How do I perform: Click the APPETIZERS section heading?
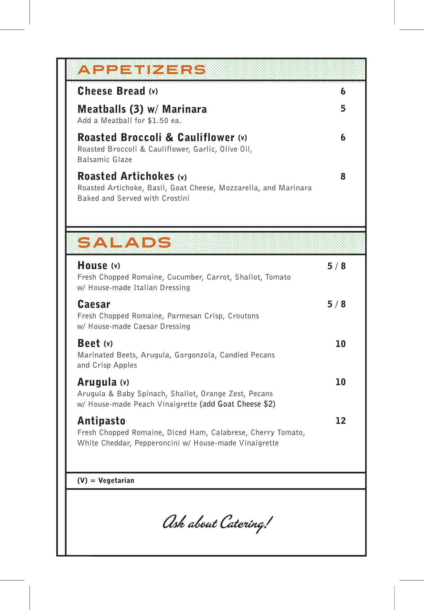click(142, 70)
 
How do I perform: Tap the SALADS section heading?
click(124, 243)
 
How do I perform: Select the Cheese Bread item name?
click(111, 91)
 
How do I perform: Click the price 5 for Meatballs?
click(343, 109)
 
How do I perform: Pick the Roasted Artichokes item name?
click(126, 176)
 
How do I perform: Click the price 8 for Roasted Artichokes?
click(343, 177)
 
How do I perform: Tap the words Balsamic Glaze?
click(105, 159)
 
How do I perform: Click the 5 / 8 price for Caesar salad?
click(336, 304)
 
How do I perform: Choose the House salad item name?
click(92, 266)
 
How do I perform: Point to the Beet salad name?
click(89, 343)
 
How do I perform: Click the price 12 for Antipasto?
click(340, 421)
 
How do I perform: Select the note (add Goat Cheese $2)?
click(237, 404)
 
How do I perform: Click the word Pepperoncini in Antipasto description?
click(157, 443)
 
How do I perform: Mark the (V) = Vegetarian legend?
click(106, 480)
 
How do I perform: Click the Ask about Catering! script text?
click(217, 523)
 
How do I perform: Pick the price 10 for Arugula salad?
click(340, 382)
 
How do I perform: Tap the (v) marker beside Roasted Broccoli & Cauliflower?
click(243, 138)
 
